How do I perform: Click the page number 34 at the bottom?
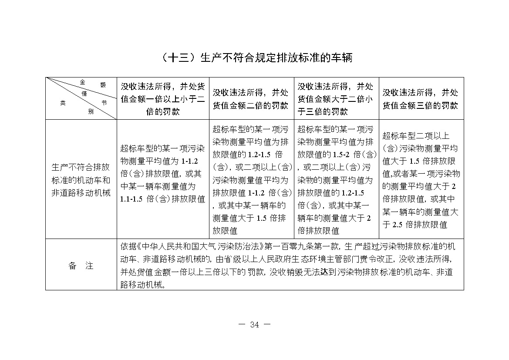[255, 324]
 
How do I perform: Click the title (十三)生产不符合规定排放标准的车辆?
[255, 58]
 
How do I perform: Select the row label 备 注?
[81, 266]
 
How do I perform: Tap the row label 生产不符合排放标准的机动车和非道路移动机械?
[81, 180]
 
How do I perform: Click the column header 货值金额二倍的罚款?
[250, 99]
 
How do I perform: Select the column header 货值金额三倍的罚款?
[420, 99]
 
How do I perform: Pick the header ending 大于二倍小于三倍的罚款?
[335, 99]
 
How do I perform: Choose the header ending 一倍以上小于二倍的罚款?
[162, 99]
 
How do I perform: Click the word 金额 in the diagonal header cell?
[92, 83]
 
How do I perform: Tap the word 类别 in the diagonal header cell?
[77, 107]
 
